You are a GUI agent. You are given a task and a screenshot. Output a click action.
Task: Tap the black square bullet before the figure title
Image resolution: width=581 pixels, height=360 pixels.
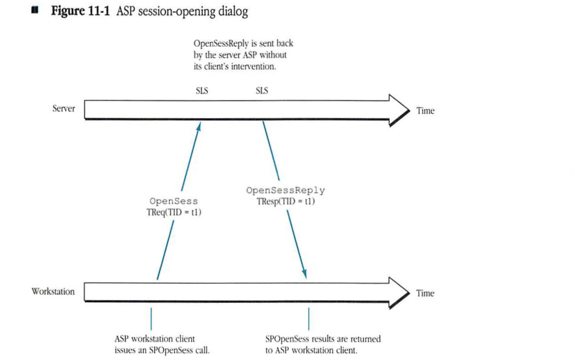click(x=36, y=11)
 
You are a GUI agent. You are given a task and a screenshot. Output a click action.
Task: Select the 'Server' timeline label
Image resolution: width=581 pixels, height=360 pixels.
click(x=64, y=108)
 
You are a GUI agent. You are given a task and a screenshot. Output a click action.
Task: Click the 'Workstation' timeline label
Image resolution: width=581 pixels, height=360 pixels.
click(x=53, y=291)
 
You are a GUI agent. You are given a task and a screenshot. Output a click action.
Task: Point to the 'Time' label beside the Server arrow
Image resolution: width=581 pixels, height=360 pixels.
click(x=425, y=110)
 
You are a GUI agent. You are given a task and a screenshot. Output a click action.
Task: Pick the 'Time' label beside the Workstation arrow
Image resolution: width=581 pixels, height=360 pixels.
click(x=425, y=293)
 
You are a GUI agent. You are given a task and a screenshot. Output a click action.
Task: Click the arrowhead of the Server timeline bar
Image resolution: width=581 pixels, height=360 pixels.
click(x=400, y=110)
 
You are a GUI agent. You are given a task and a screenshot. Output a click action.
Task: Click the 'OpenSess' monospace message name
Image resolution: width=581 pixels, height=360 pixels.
click(x=174, y=201)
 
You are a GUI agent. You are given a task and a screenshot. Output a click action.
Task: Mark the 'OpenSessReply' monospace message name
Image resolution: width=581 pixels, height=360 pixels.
click(x=285, y=191)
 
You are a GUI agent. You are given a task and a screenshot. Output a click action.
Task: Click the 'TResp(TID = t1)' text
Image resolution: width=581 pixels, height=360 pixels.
click(x=286, y=201)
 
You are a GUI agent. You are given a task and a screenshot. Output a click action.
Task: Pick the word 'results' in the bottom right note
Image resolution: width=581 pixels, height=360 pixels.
click(x=319, y=339)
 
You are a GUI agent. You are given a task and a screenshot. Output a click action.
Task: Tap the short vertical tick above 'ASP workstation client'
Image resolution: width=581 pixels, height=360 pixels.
click(x=151, y=318)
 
